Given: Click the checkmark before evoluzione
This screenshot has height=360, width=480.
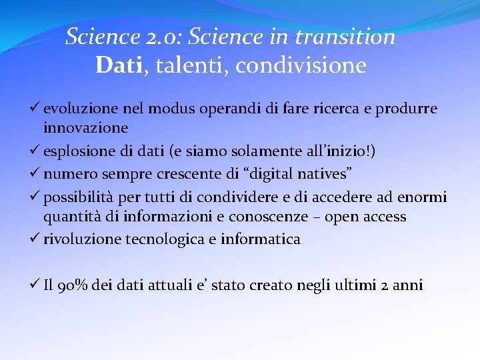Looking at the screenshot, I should click(x=37, y=109).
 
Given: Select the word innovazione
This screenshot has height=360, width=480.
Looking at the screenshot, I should click(x=86, y=127).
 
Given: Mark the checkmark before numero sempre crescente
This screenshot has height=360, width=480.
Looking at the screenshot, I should click(x=37, y=175).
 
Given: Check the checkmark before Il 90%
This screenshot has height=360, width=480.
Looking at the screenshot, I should click(x=37, y=285).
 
